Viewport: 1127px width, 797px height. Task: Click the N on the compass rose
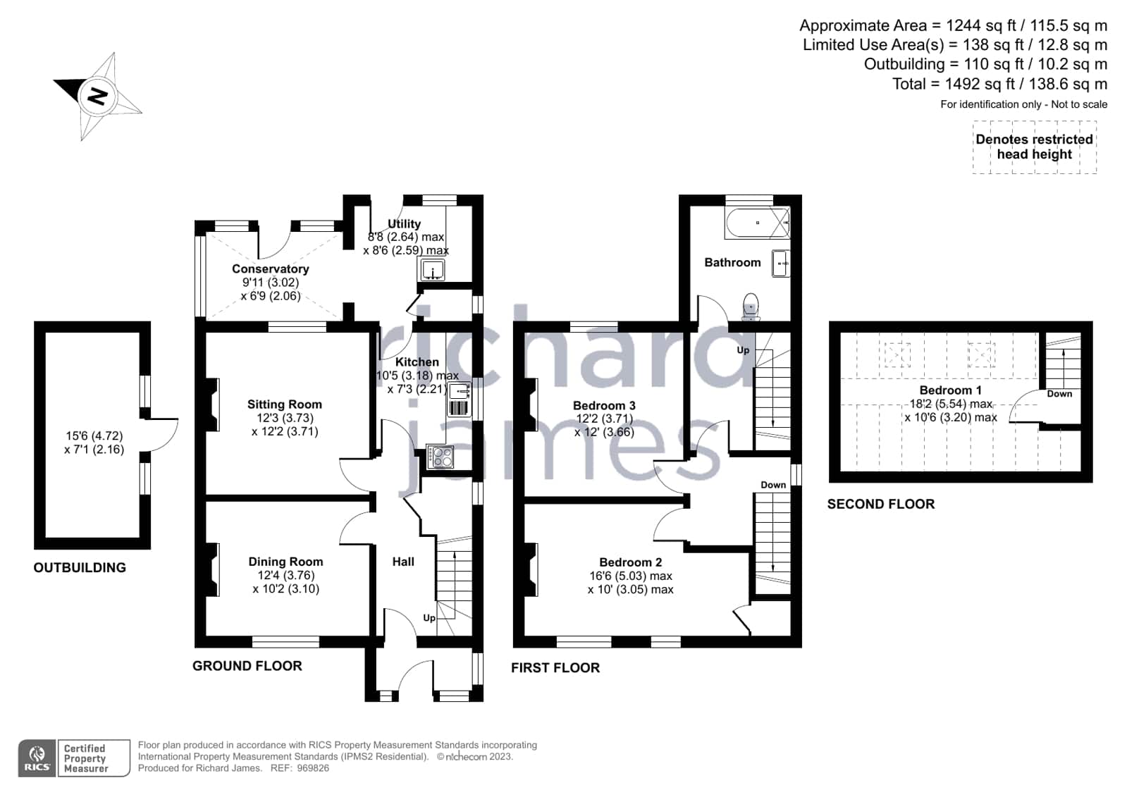97,96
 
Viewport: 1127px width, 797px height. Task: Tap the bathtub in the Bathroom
757,223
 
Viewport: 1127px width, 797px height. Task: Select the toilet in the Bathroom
751,307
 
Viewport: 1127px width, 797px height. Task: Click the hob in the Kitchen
440,457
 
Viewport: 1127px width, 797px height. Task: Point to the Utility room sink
432,270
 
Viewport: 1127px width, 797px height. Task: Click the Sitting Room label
284,404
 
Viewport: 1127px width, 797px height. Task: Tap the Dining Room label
285,562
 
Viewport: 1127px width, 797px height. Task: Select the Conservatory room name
271,268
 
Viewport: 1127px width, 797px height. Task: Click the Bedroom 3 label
604,405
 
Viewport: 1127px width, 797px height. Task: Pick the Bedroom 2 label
630,562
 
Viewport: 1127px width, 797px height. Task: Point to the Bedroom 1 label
950,390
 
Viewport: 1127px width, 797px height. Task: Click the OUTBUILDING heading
80,567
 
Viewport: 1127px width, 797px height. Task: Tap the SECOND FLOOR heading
881,504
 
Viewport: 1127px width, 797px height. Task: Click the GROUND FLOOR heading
247,666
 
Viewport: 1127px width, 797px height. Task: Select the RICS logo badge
37,758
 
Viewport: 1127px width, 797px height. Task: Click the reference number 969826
313,768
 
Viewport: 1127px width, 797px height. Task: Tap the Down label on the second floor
1059,394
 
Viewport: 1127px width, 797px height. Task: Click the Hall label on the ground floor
403,562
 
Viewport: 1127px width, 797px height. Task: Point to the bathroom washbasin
781,263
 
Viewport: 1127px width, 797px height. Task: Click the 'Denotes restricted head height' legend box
1035,147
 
